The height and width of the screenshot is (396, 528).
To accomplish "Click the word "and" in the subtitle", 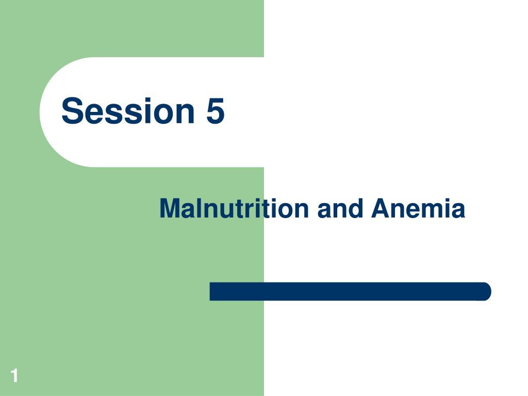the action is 340,208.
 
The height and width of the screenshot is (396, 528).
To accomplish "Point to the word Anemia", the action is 418,208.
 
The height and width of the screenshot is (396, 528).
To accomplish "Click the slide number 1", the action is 14,375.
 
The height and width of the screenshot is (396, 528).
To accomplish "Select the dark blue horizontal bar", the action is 350,291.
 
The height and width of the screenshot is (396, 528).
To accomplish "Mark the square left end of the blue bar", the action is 210,291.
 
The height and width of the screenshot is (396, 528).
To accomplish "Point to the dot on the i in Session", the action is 149,100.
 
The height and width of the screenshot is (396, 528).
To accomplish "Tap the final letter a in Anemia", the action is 458,211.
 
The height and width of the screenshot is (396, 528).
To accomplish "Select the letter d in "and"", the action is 355,208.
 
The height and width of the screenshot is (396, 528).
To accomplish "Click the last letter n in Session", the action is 186,113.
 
